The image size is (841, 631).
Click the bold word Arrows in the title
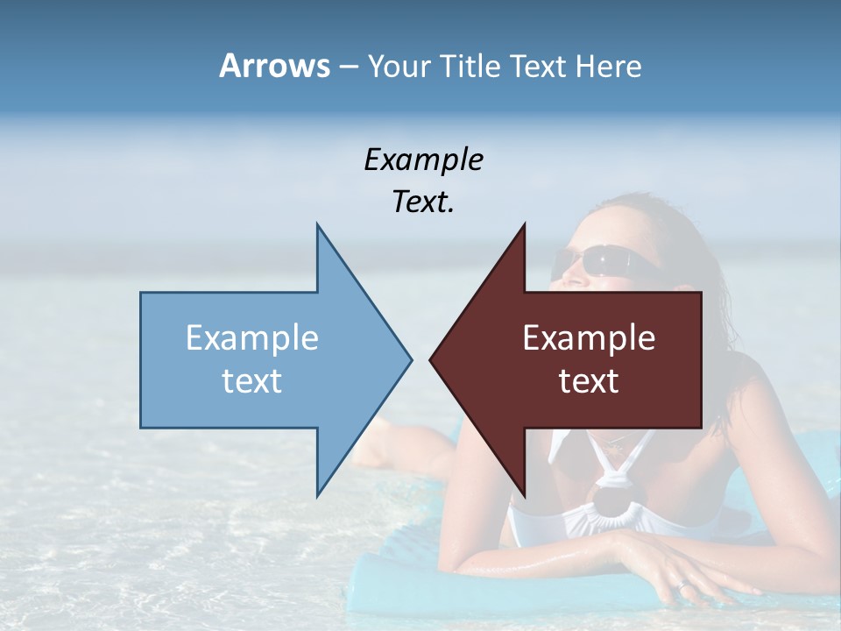click(274, 66)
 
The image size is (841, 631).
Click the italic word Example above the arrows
click(423, 160)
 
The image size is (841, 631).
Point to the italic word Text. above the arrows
click(423, 202)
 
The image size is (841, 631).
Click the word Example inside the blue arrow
click(252, 338)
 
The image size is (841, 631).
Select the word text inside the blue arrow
click(252, 381)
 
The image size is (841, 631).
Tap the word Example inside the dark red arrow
click(589, 338)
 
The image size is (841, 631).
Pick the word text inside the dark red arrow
click(589, 381)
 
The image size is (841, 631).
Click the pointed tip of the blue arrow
click(411, 359)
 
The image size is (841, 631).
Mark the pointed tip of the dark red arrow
click(430, 359)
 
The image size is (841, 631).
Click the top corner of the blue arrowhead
click(317, 224)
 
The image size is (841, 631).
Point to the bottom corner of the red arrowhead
click(524, 497)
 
